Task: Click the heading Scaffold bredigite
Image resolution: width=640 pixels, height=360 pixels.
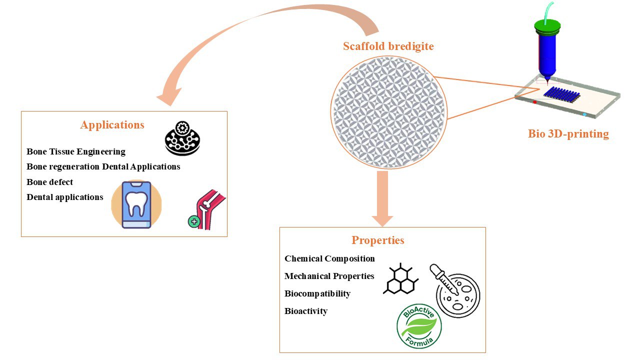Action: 388,46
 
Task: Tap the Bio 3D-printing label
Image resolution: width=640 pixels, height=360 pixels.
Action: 568,134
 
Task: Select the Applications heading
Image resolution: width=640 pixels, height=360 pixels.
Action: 112,125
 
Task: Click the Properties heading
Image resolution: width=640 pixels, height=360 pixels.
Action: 377,240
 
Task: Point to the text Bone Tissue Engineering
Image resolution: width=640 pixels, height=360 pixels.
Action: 76,151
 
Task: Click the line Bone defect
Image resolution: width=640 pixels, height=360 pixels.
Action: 50,181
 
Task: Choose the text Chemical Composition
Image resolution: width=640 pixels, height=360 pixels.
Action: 329,258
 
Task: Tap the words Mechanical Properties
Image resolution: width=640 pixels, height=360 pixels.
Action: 329,276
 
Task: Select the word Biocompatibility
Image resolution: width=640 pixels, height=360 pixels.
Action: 317,293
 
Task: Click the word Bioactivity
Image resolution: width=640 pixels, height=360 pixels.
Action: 306,311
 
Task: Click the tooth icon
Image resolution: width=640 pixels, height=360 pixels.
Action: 136,204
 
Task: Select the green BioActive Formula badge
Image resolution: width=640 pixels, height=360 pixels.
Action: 419,325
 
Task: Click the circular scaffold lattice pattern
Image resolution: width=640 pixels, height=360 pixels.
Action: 388,111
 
